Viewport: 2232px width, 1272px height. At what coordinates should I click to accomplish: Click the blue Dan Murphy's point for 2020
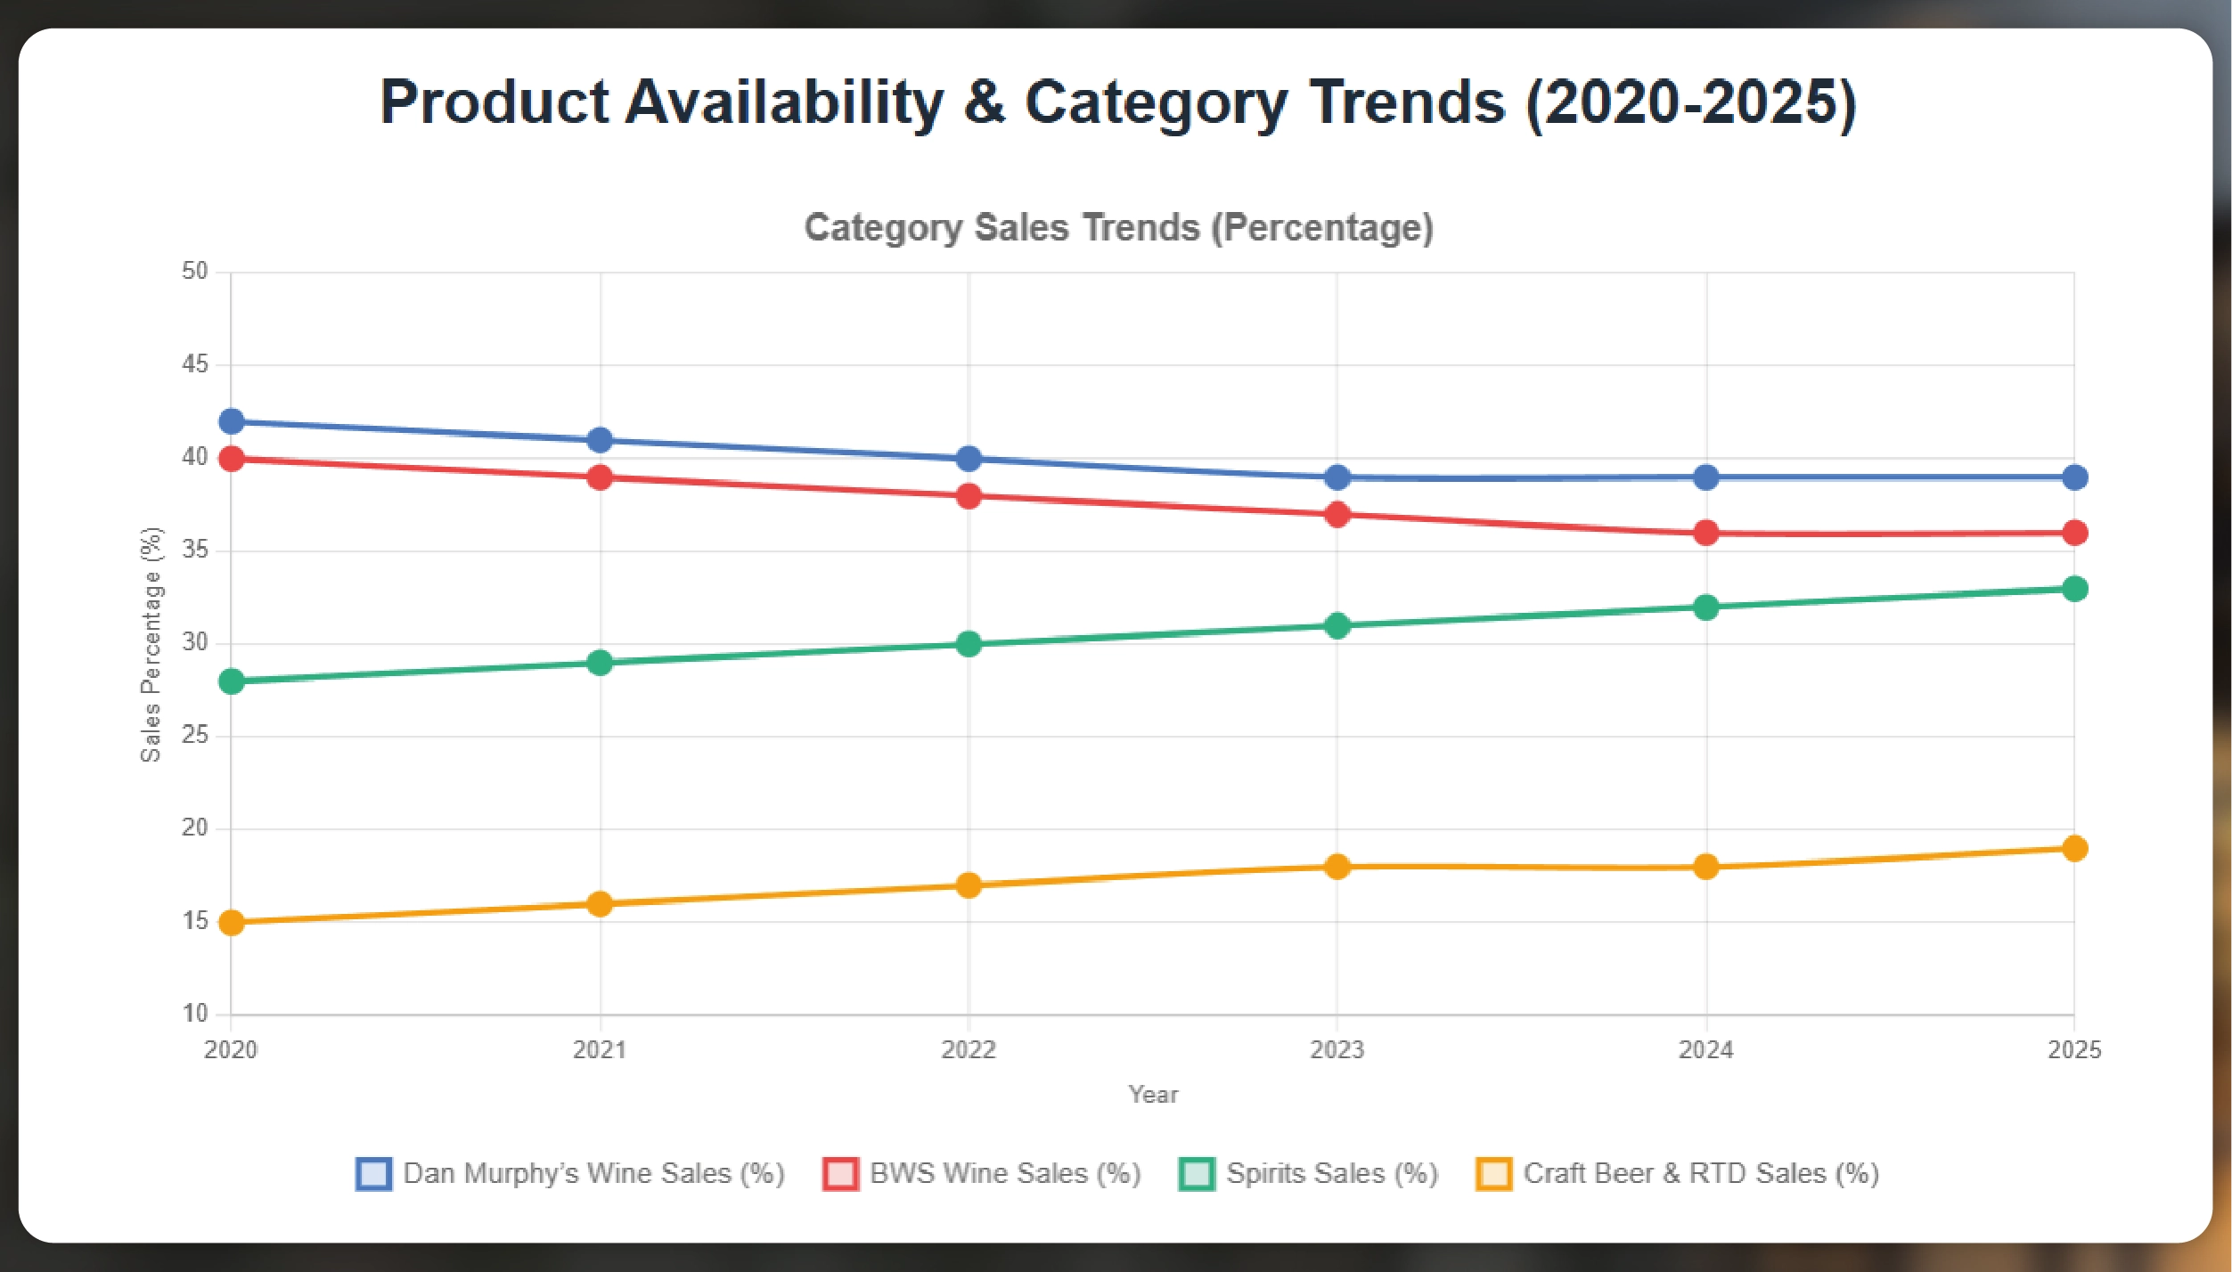click(232, 421)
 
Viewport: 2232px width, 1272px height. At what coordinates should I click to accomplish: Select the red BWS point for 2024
click(1705, 533)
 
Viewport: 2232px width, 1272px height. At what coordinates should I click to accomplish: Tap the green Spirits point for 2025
click(2074, 589)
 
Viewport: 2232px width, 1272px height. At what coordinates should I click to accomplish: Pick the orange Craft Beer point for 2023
click(1337, 867)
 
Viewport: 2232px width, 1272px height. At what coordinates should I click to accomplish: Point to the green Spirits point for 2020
click(232, 681)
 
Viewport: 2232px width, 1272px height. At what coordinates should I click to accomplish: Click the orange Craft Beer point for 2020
click(232, 923)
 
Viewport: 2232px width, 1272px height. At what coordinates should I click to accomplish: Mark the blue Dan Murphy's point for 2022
click(969, 459)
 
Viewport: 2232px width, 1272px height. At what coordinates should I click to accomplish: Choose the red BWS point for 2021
click(600, 477)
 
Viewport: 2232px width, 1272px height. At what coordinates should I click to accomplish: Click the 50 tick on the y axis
click(195, 271)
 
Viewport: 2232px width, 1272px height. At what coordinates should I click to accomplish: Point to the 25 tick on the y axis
click(195, 735)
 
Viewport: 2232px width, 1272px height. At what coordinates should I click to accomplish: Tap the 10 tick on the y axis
click(195, 1014)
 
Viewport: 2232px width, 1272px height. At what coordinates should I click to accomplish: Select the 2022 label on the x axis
click(969, 1050)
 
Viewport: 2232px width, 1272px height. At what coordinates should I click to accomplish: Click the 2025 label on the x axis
click(2074, 1050)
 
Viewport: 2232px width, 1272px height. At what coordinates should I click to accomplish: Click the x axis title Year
click(1153, 1095)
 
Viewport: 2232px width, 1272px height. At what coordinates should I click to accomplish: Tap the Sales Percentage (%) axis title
click(151, 644)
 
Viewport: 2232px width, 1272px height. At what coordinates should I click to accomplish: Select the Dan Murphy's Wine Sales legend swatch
click(373, 1174)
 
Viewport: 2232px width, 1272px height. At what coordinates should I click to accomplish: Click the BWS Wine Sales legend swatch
click(841, 1174)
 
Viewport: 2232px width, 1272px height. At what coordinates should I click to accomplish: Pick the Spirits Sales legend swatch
click(1197, 1174)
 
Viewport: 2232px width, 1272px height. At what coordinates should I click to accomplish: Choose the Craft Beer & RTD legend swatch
click(1494, 1174)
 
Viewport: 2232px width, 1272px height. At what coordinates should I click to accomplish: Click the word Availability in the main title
click(784, 102)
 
